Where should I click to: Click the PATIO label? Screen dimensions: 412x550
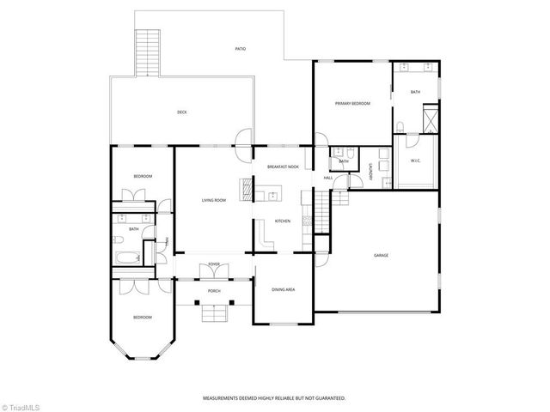point(241,49)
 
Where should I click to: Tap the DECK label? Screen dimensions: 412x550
point(182,112)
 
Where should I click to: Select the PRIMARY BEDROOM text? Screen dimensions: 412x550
point(352,103)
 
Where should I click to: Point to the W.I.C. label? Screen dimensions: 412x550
point(415,161)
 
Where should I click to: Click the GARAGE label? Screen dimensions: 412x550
point(381,256)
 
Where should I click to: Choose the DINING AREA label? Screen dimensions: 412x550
point(284,290)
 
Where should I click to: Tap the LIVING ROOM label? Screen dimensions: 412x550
point(214,200)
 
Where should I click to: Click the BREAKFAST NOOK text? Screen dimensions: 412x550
point(283,167)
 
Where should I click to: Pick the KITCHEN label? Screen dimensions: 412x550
point(283,221)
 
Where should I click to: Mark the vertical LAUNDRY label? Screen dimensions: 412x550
point(371,172)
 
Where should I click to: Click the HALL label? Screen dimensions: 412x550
point(328,178)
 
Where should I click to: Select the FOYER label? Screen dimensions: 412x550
point(213,264)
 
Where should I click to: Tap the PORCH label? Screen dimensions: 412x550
point(213,291)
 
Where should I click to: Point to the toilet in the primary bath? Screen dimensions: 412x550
point(400,128)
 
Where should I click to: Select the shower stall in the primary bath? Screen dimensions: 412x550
point(431,118)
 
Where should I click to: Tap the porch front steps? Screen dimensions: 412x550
point(213,313)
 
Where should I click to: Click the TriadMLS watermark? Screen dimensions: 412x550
point(22,404)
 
